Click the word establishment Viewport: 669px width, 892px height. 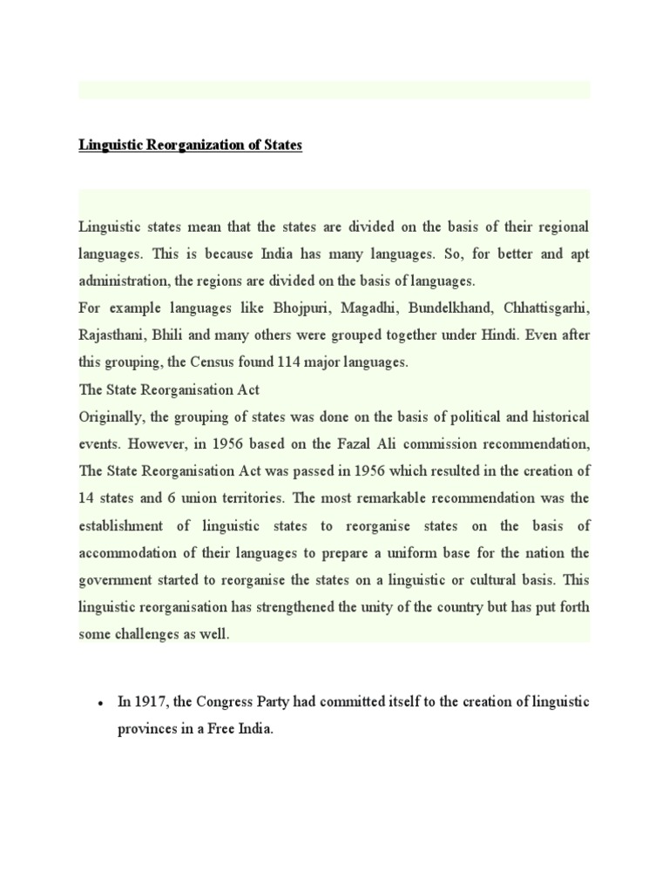click(119, 525)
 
